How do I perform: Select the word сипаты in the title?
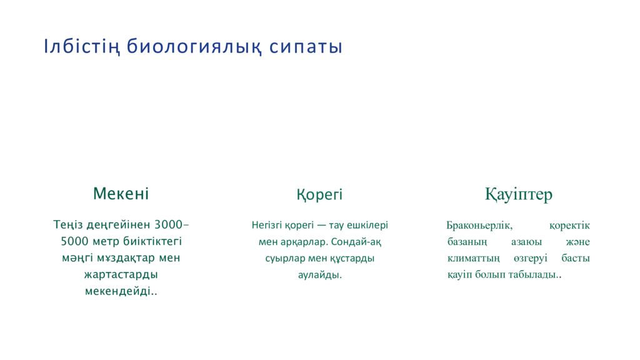306,47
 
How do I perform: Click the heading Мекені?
121,194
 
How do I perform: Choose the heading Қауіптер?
519,194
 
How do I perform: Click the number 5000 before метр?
74,241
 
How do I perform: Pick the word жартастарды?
121,274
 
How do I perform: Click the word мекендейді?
118,291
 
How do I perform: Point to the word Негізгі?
267,225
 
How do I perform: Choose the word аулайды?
319,274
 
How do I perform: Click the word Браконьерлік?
479,225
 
